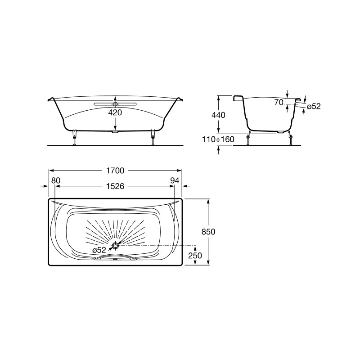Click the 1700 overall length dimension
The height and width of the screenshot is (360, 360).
115,171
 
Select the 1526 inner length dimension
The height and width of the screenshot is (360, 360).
115,186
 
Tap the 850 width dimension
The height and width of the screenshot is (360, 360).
208,232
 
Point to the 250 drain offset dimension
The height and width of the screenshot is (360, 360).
195,255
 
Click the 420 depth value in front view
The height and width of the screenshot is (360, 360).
115,113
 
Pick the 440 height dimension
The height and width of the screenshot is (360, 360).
218,115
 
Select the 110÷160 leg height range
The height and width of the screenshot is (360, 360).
218,139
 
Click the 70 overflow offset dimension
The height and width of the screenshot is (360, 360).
279,103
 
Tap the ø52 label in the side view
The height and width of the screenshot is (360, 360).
314,106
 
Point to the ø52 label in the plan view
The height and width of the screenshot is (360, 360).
99,250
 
